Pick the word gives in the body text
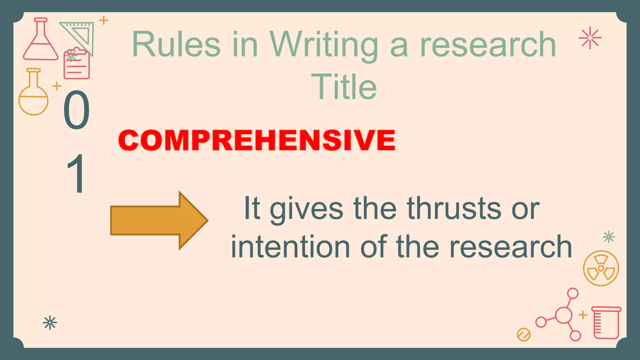(307, 209)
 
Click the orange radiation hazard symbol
(601, 268)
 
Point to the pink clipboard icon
(77, 64)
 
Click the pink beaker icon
(606, 323)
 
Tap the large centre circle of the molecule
(563, 315)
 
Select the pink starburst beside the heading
(590, 38)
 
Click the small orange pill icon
(524, 335)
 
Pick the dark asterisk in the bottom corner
(50, 323)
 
